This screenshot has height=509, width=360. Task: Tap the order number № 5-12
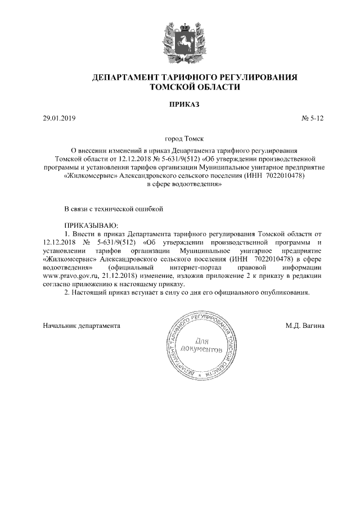(313, 119)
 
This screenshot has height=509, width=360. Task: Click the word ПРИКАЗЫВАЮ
(88, 224)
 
